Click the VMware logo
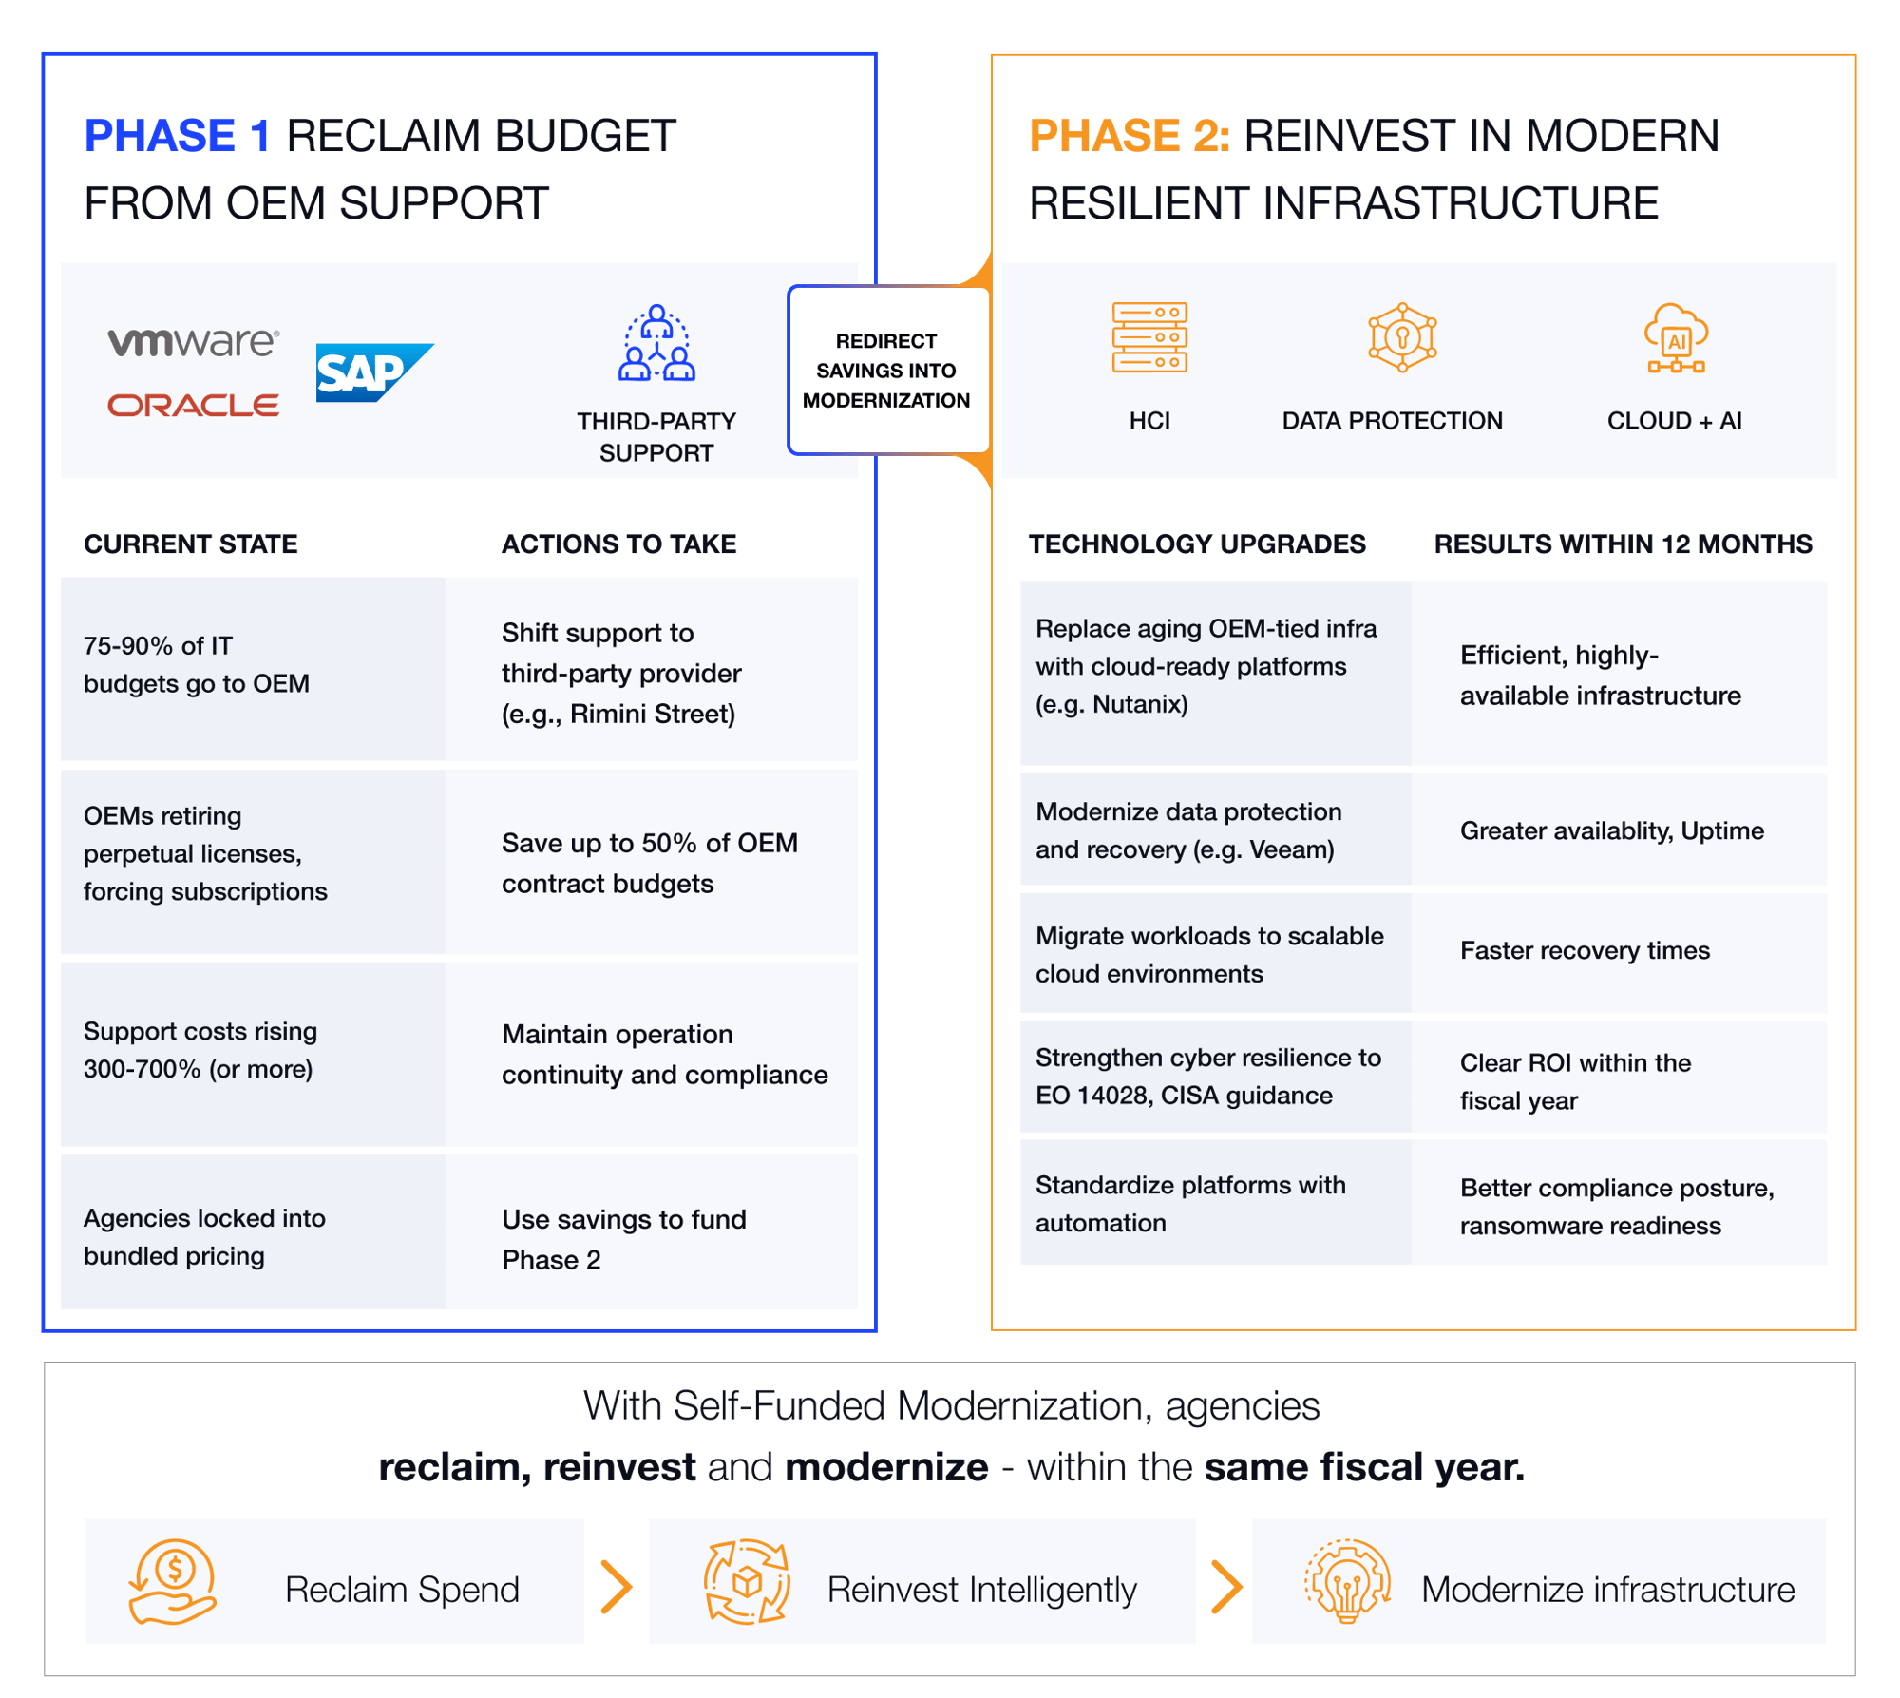[193, 342]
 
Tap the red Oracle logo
[193, 406]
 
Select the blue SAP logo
[373, 372]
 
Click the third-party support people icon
[656, 343]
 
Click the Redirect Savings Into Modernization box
[887, 371]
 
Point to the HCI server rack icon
[1149, 337]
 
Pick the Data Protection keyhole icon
[1402, 337]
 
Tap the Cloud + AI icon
[1676, 338]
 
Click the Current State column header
[191, 544]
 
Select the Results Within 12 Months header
[1623, 544]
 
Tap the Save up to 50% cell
[651, 863]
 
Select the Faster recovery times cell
[1618, 951]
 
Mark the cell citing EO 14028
[1215, 1077]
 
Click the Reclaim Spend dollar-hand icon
[173, 1581]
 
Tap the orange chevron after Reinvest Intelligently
[1226, 1588]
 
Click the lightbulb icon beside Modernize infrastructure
[1347, 1581]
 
